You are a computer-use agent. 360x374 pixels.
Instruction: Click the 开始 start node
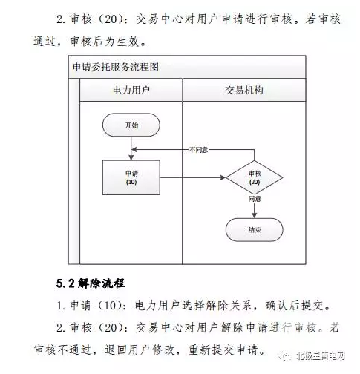(131, 125)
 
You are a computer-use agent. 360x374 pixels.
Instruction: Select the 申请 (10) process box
(131, 177)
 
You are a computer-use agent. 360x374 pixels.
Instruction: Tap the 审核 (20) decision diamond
(255, 177)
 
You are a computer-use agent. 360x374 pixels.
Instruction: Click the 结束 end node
(255, 230)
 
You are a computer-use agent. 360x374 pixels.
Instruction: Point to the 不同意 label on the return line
(198, 150)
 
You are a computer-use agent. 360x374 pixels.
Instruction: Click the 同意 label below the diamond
(255, 199)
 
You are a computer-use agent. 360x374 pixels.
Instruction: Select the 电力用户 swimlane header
(131, 90)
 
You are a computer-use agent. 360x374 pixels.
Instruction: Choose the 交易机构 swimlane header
(244, 90)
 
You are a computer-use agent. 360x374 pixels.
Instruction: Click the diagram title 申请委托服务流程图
(116, 67)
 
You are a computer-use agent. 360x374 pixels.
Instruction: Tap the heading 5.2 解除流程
(91, 283)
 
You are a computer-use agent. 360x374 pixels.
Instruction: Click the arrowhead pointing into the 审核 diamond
(223, 177)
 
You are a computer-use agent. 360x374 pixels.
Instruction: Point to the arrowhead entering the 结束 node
(255, 215)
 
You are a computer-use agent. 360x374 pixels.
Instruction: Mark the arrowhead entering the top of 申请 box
(131, 157)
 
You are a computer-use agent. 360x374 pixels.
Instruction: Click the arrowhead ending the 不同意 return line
(134, 150)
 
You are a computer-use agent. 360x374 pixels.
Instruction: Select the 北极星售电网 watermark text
(321, 356)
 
